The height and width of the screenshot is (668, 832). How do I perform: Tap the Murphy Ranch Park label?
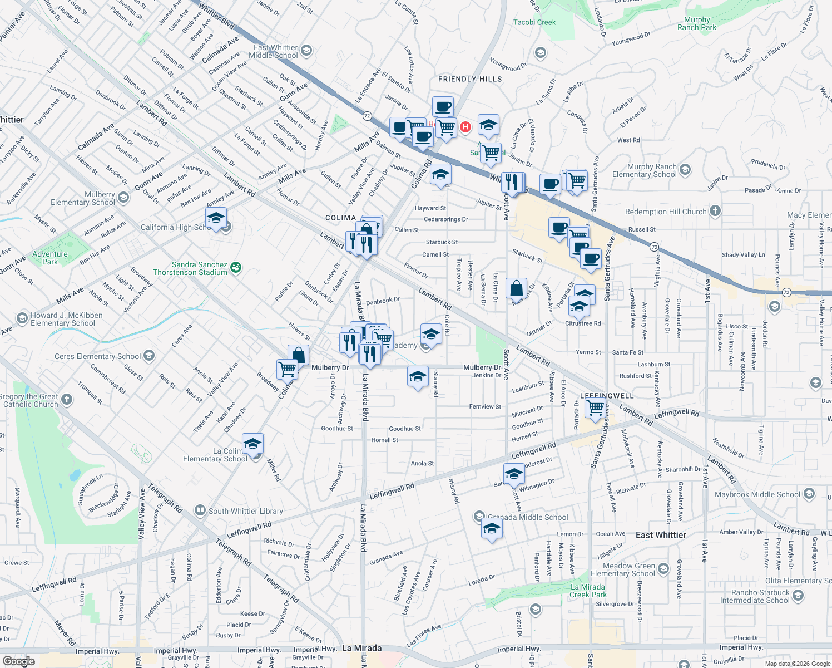697,23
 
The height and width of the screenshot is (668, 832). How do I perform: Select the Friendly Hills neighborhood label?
470,79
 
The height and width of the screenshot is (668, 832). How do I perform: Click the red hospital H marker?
465,127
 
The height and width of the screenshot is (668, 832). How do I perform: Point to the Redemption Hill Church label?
666,212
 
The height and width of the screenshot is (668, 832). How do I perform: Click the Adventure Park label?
50,258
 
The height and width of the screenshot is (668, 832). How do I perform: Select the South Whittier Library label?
245,511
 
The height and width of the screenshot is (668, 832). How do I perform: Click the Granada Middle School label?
528,517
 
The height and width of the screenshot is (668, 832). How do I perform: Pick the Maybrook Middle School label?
757,494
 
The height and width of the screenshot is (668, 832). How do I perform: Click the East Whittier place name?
661,535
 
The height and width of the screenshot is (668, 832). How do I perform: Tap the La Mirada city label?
361,648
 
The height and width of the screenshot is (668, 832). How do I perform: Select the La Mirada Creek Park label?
588,591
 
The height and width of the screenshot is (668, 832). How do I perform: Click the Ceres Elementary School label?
98,356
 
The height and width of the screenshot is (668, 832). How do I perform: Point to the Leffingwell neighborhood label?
607,396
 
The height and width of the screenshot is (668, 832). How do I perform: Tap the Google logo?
18,661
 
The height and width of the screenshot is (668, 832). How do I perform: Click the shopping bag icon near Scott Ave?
517,288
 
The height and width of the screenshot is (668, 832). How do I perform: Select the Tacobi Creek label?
534,22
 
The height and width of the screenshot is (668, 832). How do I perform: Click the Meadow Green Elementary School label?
623,569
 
